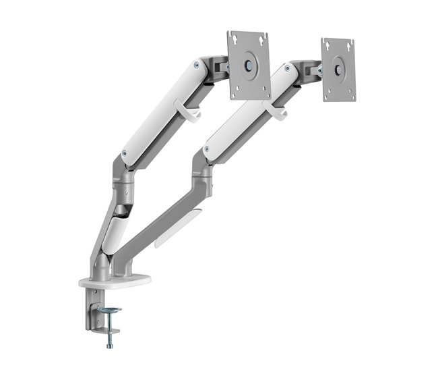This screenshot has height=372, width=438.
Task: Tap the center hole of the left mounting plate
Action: pyautogui.click(x=249, y=65)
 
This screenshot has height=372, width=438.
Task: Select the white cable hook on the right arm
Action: pyautogui.click(x=274, y=111)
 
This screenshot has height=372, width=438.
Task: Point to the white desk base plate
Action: pyautogui.click(x=115, y=280)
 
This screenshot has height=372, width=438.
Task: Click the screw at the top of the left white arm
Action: pyautogui.click(x=196, y=65)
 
